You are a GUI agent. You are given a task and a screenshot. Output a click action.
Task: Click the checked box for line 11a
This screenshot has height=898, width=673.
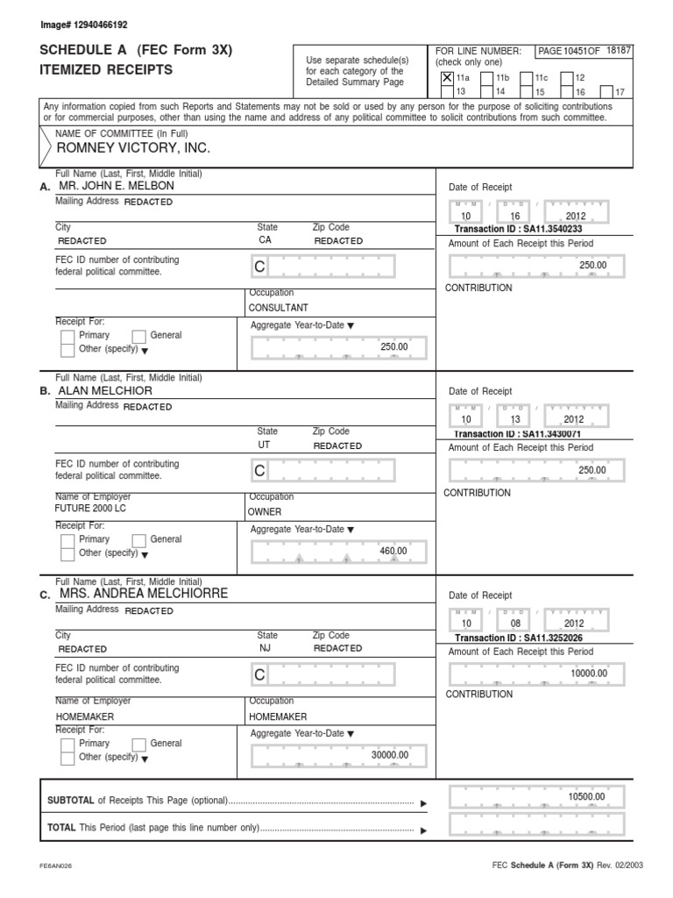pos(447,78)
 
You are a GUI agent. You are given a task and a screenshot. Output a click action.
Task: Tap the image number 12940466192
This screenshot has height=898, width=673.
pos(78,25)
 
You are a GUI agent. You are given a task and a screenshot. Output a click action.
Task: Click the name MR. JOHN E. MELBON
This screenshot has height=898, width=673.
pos(117,187)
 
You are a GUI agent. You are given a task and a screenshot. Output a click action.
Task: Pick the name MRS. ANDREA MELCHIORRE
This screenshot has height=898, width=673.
pos(142,594)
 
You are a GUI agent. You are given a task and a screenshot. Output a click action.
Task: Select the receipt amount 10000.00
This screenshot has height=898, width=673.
pos(588,673)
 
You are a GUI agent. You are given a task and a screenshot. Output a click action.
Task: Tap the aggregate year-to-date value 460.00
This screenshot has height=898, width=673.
pos(393,551)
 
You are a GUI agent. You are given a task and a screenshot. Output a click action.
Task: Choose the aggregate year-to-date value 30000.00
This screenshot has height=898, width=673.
pos(390,754)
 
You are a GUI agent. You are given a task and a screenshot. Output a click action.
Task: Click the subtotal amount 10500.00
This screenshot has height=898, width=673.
pos(586,796)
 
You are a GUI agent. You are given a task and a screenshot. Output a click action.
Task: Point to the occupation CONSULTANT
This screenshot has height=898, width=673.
pos(279,308)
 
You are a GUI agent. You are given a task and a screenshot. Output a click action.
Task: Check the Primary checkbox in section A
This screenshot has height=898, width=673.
pos(67,336)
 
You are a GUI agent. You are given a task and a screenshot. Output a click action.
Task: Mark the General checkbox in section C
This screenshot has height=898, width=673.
pos(138,744)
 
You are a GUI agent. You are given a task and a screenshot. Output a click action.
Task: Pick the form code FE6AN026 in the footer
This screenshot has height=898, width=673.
pos(56,865)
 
